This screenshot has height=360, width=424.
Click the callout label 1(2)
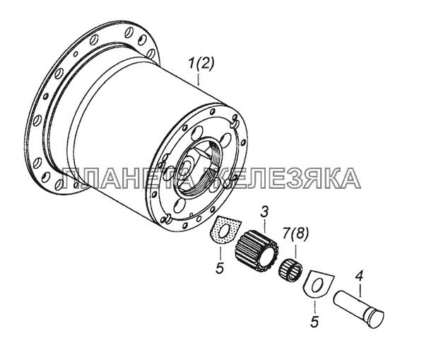pos(201,64)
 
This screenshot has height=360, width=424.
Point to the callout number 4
pos(359,277)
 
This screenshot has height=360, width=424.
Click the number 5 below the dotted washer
pos(220,268)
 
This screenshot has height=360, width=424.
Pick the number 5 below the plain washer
pos(314,321)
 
